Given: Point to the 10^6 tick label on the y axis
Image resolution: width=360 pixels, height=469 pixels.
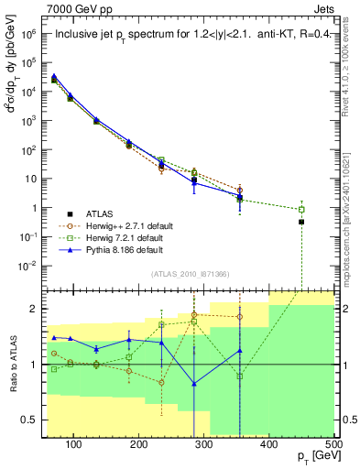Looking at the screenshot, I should pyautogui.click(x=28, y=33).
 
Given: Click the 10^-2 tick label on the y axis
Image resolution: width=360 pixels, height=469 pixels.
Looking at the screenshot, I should pyautogui.click(x=28, y=266).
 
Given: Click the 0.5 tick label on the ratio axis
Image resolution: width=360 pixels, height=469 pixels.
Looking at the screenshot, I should pyautogui.click(x=31, y=420).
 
